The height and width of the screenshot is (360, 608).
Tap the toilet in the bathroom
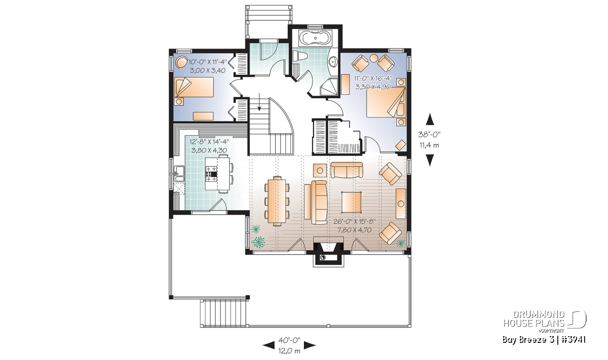point(300,56)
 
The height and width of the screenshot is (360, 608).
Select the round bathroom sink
point(333,61)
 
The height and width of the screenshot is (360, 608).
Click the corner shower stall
point(329,87)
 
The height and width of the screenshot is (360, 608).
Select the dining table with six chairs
point(277,201)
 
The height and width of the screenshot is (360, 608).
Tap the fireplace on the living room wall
point(328,252)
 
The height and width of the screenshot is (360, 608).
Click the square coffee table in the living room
point(352,202)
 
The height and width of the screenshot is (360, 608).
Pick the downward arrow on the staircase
point(259,102)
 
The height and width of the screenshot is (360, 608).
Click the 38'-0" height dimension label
point(429,134)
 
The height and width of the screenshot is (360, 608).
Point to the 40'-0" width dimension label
point(289,340)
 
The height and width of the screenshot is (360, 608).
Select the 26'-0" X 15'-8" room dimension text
point(354,221)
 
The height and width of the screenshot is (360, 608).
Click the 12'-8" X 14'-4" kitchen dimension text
point(209,141)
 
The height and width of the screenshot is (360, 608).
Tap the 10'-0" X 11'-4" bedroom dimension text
point(208,62)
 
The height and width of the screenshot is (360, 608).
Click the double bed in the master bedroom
point(386,102)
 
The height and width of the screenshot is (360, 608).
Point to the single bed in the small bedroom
point(194,87)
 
